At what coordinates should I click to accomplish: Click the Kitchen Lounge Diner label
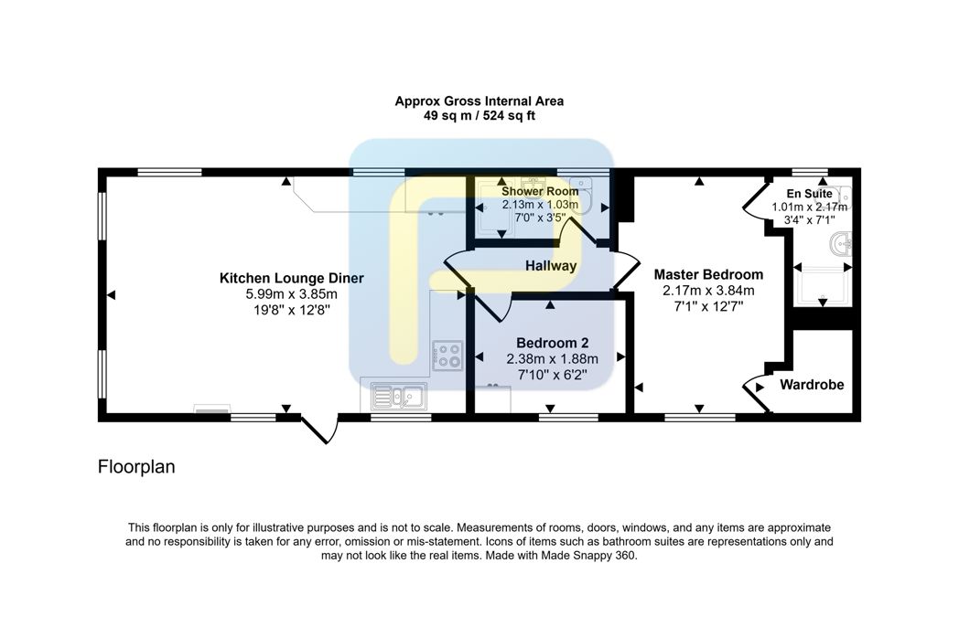point(292,278)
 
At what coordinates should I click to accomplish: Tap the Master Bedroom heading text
point(708,274)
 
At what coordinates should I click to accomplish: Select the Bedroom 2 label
point(553,343)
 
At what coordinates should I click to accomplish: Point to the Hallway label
point(551,266)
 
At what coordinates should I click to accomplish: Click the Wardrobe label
point(812,385)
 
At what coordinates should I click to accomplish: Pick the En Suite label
point(809,194)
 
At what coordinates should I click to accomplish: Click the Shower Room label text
point(540,191)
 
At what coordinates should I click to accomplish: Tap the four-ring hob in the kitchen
point(447,356)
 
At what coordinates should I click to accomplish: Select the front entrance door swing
point(318,429)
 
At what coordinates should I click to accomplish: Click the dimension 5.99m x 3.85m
point(292,294)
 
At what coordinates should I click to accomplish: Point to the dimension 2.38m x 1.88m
point(553,358)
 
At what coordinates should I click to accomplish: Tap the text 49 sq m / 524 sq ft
point(479,115)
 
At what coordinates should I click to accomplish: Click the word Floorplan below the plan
point(136,467)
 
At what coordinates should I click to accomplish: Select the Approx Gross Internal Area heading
point(479,101)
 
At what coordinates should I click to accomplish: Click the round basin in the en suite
point(842,244)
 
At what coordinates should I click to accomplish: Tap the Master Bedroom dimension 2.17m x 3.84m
point(708,291)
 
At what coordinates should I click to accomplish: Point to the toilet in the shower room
point(582,195)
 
